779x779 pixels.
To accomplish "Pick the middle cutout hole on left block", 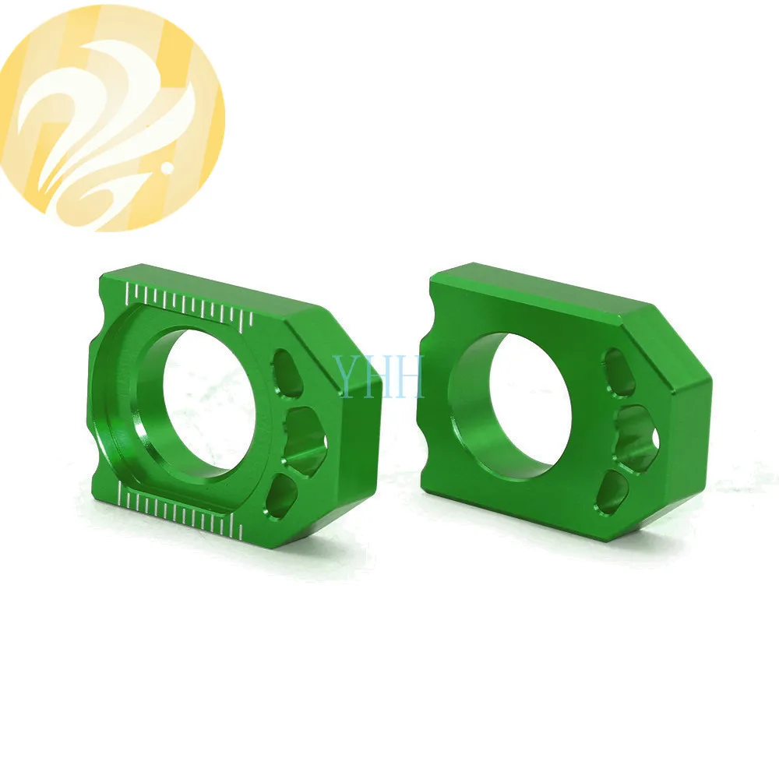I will [307, 433].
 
